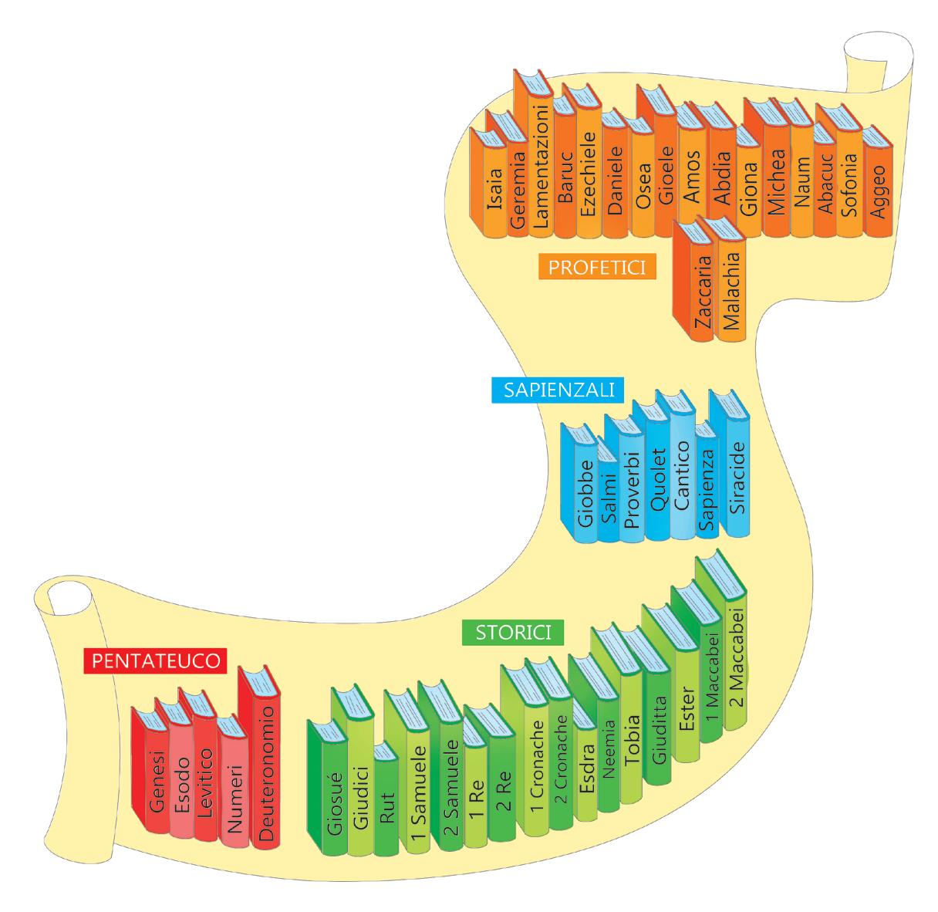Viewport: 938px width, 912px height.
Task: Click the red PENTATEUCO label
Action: (155, 660)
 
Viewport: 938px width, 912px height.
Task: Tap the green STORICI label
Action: (512, 632)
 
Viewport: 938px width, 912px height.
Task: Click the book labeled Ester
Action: (686, 702)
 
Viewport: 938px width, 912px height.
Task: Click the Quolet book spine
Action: (656, 486)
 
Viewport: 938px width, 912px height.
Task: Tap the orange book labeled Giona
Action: (747, 193)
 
